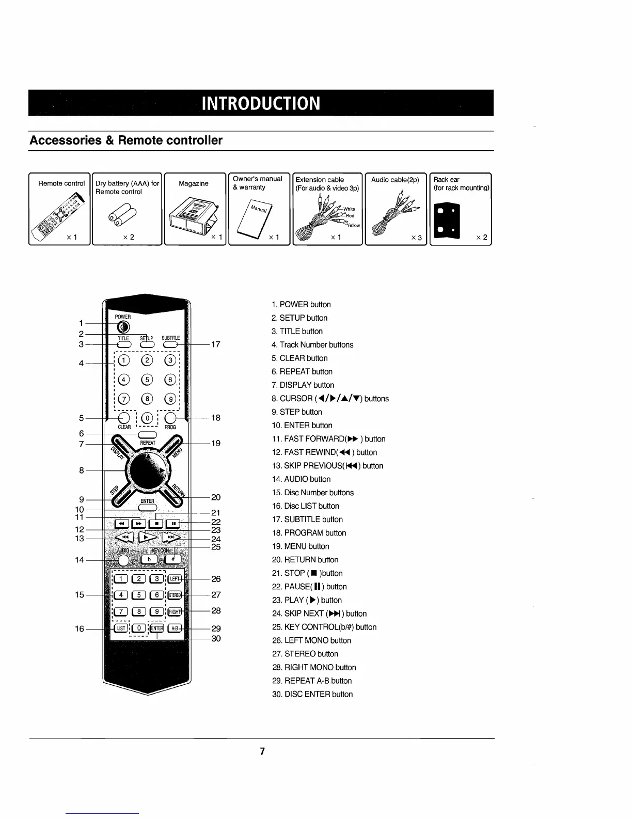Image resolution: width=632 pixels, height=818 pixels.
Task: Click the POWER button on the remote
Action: [x=123, y=327]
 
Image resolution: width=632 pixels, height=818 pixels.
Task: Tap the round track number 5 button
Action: [x=147, y=380]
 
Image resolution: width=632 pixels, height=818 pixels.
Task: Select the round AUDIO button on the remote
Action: [x=123, y=559]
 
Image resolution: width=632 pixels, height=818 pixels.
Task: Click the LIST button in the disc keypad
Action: [x=120, y=628]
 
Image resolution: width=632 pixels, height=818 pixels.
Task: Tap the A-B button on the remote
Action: [x=175, y=628]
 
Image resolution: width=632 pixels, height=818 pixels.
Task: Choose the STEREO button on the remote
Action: [x=175, y=595]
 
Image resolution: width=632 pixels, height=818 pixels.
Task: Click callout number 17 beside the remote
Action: [x=216, y=344]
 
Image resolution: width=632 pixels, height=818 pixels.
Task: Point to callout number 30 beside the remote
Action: [x=216, y=638]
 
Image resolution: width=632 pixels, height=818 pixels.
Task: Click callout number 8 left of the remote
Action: [x=82, y=470]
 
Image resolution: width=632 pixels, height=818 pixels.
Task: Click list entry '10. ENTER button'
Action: [x=302, y=426]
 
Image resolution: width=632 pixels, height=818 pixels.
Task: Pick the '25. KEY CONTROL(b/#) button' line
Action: [x=324, y=627]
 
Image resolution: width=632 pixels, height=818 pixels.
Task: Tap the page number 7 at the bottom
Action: [x=262, y=751]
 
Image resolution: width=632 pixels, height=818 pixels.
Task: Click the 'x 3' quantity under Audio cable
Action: [x=416, y=238]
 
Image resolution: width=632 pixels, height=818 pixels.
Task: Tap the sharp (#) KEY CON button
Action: [x=173, y=559]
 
